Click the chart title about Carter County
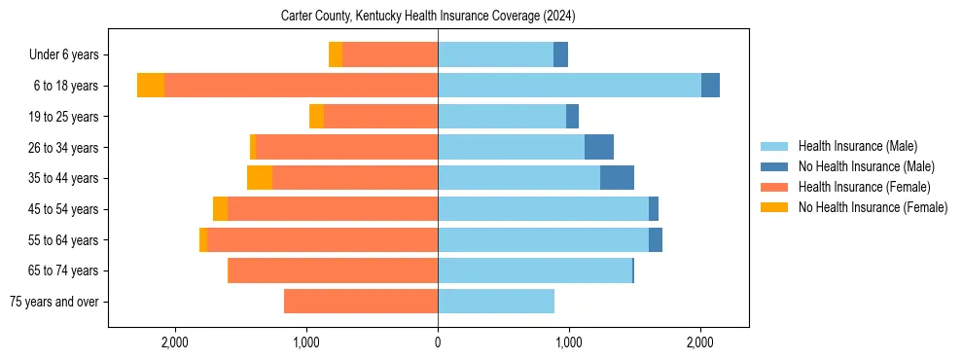click(x=428, y=17)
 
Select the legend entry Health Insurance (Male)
click(x=857, y=146)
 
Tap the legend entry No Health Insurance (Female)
click(x=872, y=207)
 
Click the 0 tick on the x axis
click(x=438, y=342)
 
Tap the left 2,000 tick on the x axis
click(x=175, y=342)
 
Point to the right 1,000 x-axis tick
click(x=569, y=342)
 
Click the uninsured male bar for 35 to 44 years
click(x=617, y=178)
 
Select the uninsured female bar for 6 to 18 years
click(x=151, y=86)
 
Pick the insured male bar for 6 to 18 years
click(x=569, y=86)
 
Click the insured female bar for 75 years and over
click(x=361, y=302)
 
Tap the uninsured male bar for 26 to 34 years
click(x=599, y=147)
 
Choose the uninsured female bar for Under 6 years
click(x=336, y=54)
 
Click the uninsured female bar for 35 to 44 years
click(x=260, y=178)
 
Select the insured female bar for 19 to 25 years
click(x=380, y=117)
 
